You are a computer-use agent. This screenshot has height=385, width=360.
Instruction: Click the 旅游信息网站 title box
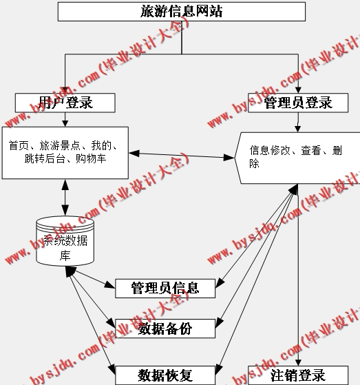click(x=181, y=12)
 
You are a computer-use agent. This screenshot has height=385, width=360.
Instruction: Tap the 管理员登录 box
click(x=297, y=103)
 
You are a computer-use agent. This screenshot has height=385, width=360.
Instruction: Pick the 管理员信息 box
click(x=165, y=288)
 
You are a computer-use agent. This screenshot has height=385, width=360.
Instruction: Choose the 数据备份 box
click(x=165, y=329)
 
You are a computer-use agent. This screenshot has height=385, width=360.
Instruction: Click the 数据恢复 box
click(x=165, y=375)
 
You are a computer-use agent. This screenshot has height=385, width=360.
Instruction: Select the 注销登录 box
click(x=297, y=375)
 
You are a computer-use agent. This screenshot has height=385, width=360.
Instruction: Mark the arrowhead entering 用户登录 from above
click(x=65, y=90)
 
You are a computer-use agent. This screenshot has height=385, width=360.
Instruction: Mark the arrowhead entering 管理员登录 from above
click(x=298, y=90)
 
